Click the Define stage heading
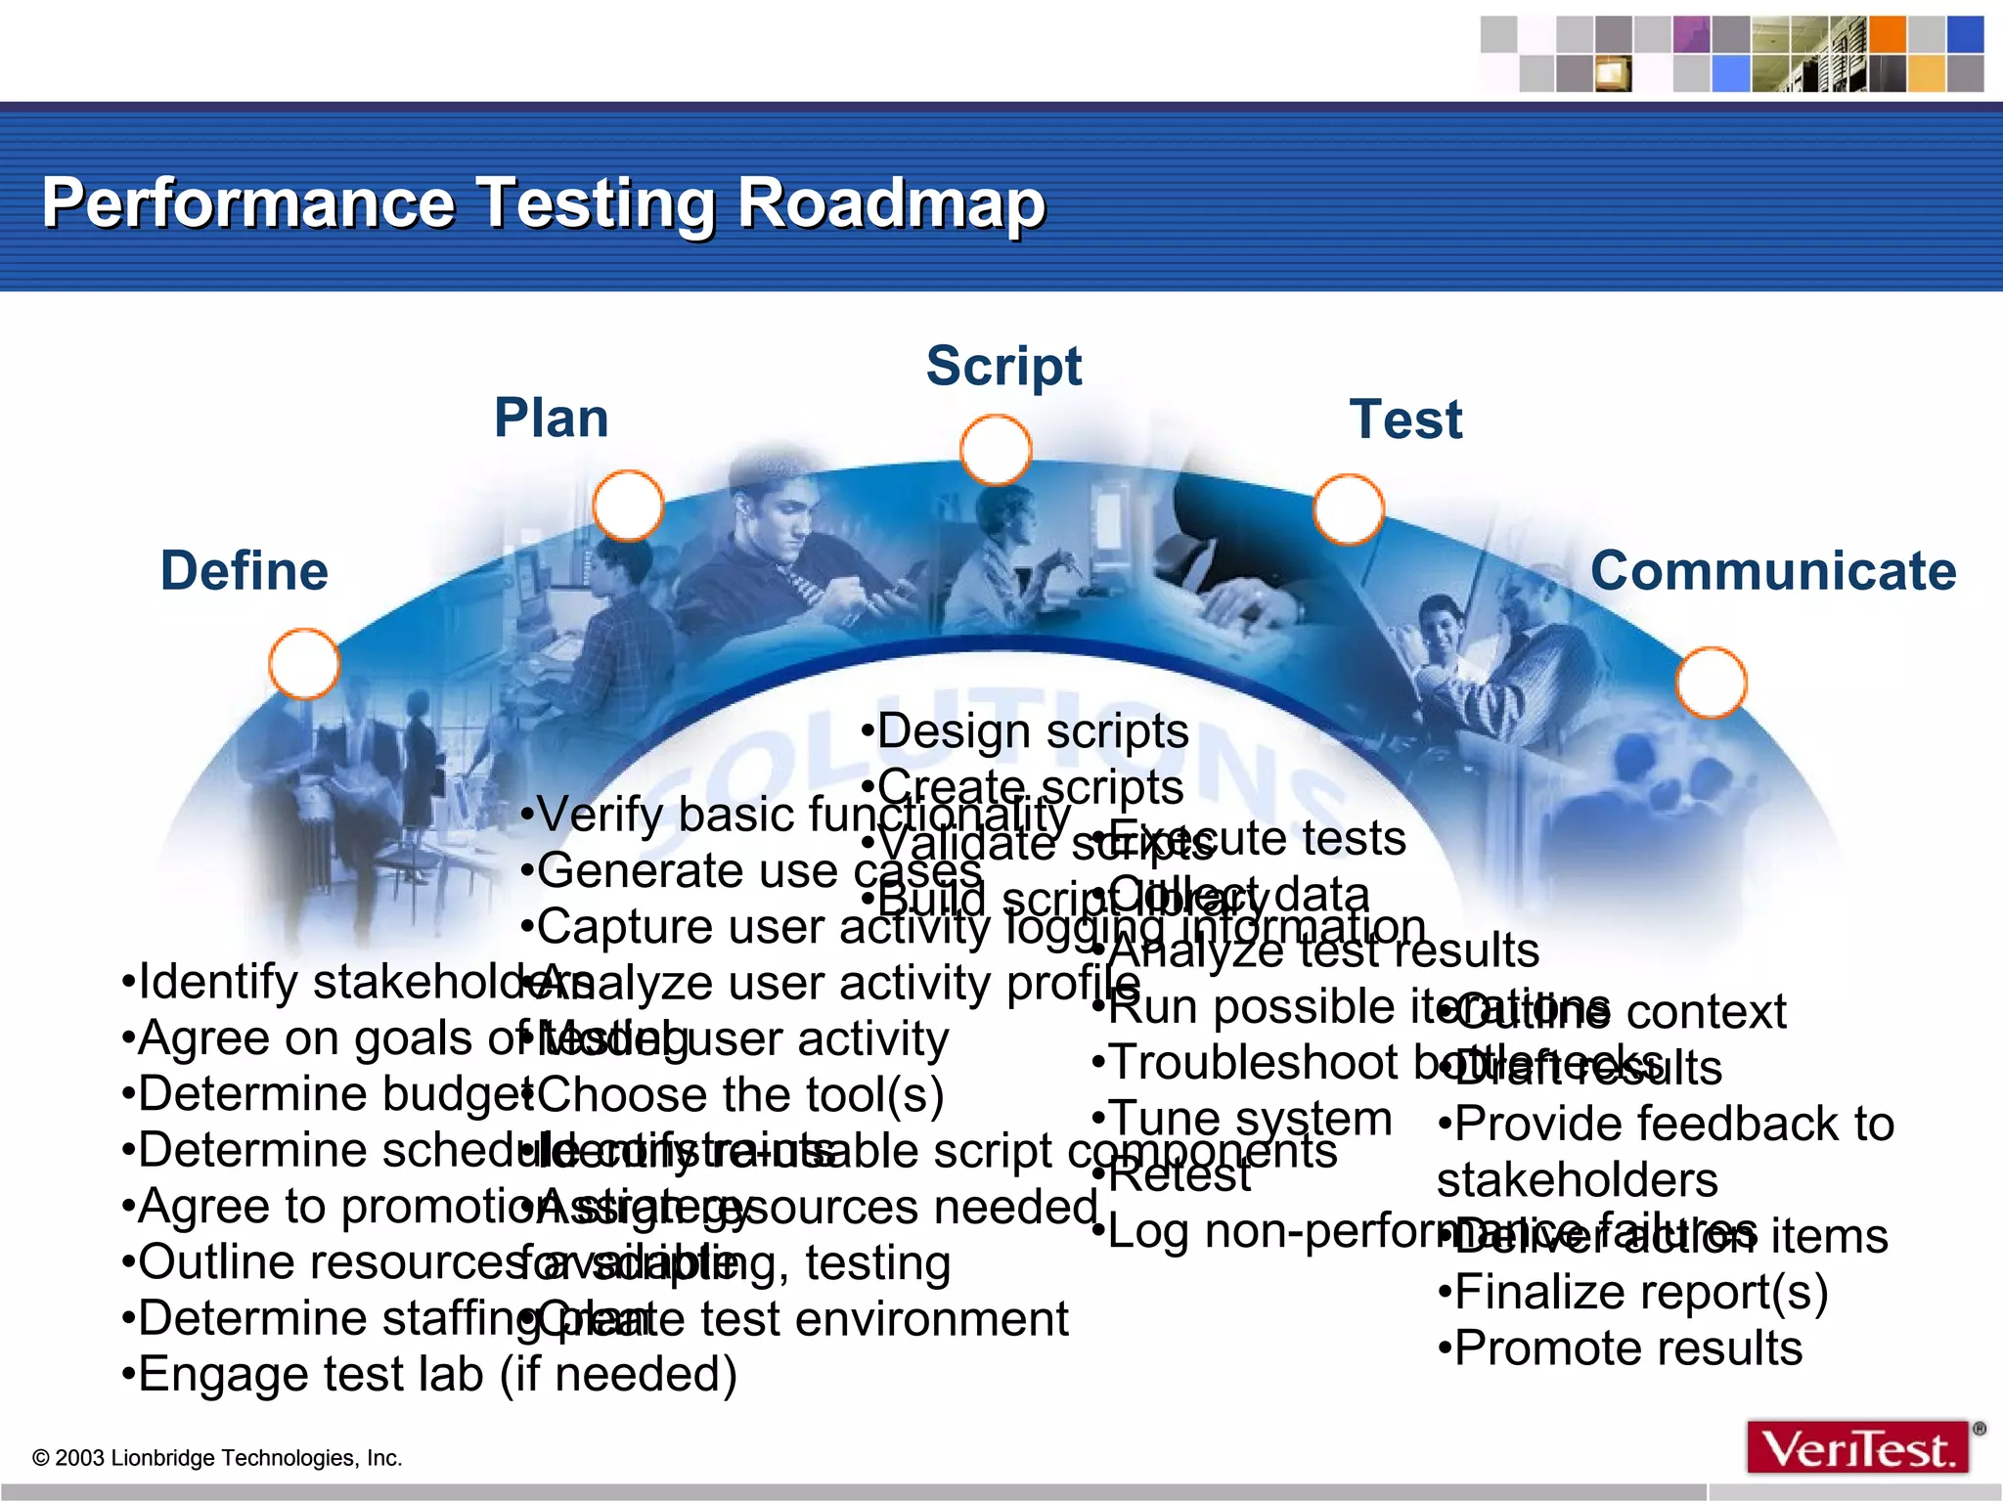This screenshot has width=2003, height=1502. click(x=245, y=571)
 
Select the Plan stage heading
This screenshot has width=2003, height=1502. click(x=552, y=419)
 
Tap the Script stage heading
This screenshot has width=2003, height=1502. click(x=1003, y=367)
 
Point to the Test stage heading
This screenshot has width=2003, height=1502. click(x=1405, y=420)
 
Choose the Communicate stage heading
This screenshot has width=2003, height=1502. click(x=1772, y=571)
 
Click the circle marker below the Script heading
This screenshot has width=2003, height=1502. click(x=996, y=451)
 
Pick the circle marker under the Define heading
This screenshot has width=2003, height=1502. click(x=304, y=664)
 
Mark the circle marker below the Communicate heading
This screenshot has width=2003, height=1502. click(x=1711, y=683)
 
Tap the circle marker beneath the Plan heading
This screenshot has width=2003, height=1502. click(x=628, y=506)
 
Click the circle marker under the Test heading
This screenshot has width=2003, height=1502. click(x=1348, y=509)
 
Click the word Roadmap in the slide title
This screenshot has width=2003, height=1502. click(x=891, y=203)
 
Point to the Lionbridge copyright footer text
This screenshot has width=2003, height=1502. click(x=217, y=1458)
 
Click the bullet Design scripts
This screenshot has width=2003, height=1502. click(x=1025, y=731)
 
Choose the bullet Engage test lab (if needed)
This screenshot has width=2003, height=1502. click(x=428, y=1374)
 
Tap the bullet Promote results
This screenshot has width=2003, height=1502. click(x=1620, y=1348)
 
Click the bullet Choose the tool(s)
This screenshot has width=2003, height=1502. click(x=734, y=1095)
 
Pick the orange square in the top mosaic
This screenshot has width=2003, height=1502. click(x=1888, y=34)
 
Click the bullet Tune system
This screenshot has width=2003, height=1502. click(x=1242, y=1119)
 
